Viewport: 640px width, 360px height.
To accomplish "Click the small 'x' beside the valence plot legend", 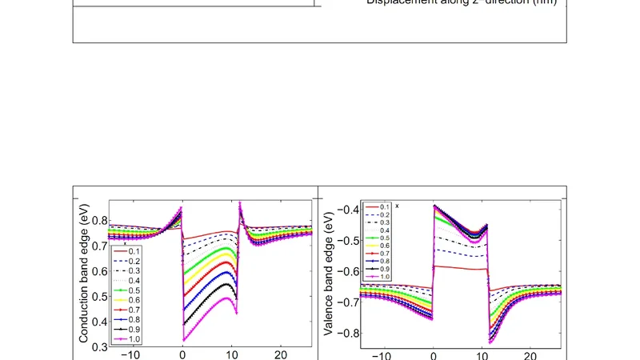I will [398, 206].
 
